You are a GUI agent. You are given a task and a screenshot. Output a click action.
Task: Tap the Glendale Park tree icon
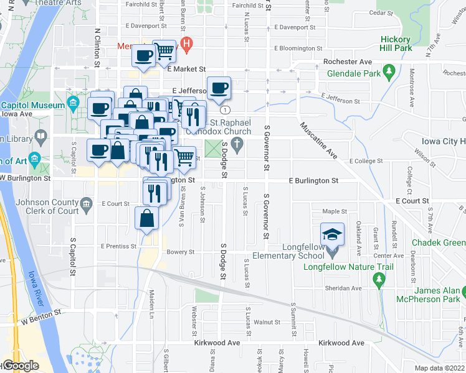pyautogui.click(x=389, y=71)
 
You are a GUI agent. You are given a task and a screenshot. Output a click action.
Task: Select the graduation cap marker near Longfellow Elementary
pyautogui.click(x=332, y=234)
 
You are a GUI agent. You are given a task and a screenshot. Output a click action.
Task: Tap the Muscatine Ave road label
pyautogui.click(x=318, y=140)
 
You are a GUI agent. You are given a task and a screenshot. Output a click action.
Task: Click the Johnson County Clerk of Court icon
pyautogui.click(x=87, y=203)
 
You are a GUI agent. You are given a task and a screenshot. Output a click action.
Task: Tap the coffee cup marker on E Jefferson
pyautogui.click(x=219, y=88)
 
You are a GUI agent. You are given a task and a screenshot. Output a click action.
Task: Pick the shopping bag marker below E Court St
pyautogui.click(x=146, y=218)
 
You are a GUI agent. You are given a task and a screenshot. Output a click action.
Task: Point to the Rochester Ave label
pyautogui.click(x=348, y=62)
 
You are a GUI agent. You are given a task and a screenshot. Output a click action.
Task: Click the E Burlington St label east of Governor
pyautogui.click(x=313, y=180)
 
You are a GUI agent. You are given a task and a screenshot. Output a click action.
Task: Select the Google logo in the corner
pyautogui.click(x=21, y=366)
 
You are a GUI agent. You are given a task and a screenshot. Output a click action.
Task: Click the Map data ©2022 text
pyautogui.click(x=440, y=368)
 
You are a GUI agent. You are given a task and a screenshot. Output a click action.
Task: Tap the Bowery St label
pyautogui.click(x=181, y=252)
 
